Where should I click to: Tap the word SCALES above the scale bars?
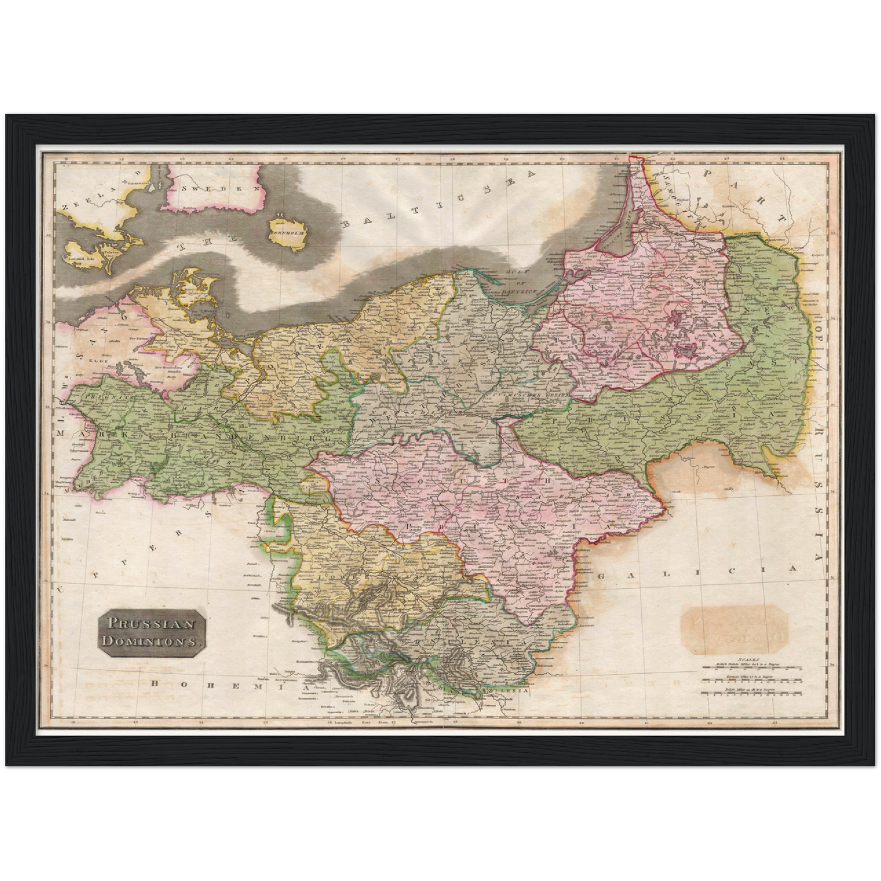[747, 659]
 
